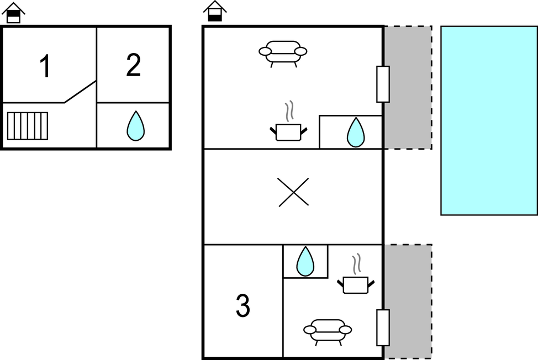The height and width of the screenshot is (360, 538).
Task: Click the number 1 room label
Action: (45, 67)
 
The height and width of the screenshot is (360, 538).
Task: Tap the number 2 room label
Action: (133, 66)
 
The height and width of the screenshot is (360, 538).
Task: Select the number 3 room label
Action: (243, 306)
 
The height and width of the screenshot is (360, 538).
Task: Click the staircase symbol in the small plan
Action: (28, 126)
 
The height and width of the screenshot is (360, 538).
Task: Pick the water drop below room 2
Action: (135, 126)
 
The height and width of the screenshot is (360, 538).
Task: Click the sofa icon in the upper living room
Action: (283, 52)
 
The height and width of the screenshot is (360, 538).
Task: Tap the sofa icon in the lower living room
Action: (328, 330)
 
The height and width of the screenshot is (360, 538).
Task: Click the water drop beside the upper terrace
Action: (356, 133)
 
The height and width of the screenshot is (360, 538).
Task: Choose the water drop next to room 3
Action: (305, 261)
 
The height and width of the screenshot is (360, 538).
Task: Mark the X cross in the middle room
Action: (293, 193)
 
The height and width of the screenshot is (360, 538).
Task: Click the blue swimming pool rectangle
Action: (488, 120)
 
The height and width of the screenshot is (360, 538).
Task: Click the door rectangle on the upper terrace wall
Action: (383, 84)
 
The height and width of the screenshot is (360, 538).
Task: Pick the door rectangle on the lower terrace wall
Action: (383, 327)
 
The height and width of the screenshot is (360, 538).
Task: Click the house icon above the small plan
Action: (13, 13)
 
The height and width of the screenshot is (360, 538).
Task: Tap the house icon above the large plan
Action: (215, 11)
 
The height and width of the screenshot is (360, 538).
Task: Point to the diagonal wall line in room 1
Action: (81, 92)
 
